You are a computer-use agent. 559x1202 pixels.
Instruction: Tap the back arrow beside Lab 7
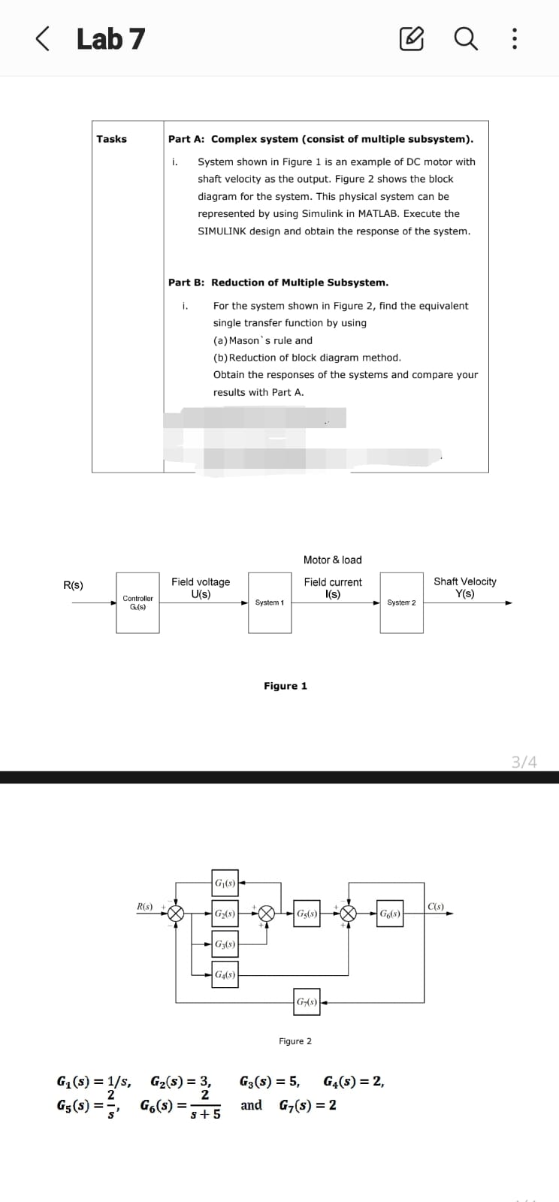click(44, 38)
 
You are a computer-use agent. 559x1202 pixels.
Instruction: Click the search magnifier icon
click(467, 38)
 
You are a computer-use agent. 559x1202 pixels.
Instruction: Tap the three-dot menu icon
click(514, 38)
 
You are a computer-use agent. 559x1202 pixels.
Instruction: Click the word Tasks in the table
click(111, 139)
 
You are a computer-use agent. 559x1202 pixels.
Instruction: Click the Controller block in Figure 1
click(137, 603)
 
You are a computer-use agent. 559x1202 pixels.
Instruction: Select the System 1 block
click(270, 603)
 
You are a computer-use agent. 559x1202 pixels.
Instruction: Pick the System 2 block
click(401, 603)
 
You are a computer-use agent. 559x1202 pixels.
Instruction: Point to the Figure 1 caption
click(285, 686)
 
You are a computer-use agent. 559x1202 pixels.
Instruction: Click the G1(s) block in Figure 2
click(225, 883)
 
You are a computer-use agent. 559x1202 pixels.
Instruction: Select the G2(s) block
click(225, 914)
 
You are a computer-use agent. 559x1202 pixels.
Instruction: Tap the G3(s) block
click(225, 944)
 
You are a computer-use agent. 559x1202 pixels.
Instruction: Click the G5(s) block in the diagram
click(307, 914)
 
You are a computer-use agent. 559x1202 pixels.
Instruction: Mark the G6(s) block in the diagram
click(390, 914)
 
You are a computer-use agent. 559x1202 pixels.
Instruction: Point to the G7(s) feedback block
click(307, 1002)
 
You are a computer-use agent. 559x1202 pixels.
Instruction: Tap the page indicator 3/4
click(524, 762)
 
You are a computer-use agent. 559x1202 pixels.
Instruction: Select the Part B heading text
click(278, 282)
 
